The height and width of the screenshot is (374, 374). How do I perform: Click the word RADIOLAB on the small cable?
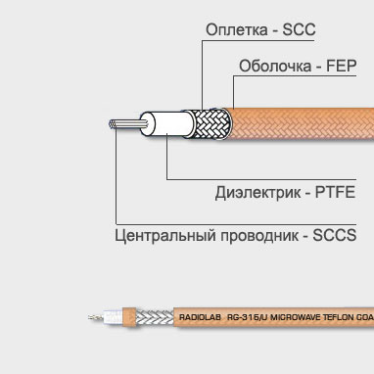[200, 318]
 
